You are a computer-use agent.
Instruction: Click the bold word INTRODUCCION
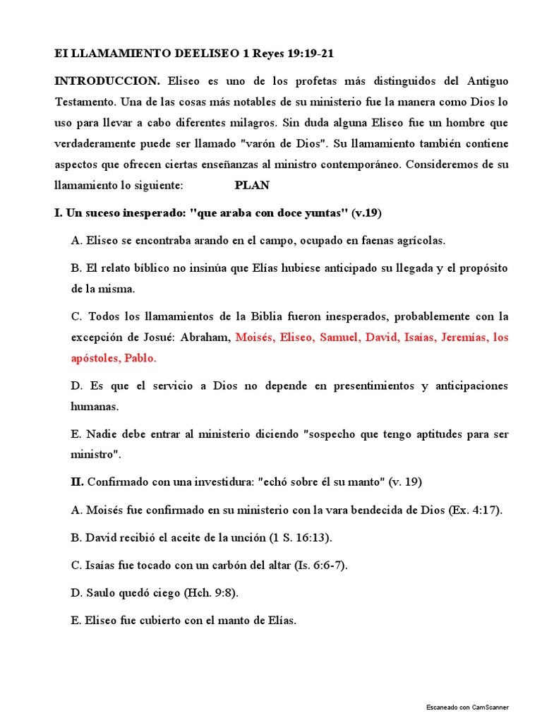[107, 81]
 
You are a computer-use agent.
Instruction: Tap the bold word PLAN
[251, 186]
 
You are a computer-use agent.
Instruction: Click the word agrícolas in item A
[417, 240]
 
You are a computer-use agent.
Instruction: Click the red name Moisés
[255, 337]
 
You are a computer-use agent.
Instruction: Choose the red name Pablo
[140, 358]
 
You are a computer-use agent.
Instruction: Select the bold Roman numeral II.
[77, 482]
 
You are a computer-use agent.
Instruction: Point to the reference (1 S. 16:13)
[300, 538]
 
